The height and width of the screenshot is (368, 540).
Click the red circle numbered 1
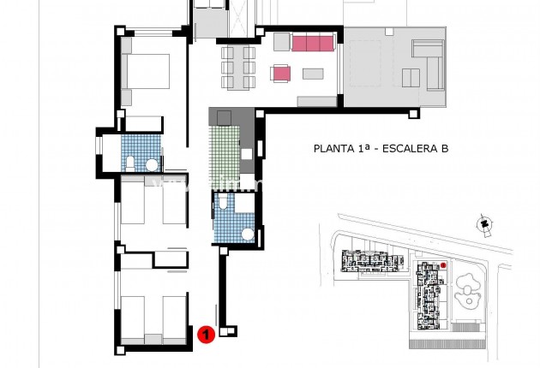[205, 335]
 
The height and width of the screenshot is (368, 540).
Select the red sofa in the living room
[312, 44]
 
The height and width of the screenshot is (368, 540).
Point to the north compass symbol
[484, 224]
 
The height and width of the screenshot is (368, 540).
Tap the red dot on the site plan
[443, 265]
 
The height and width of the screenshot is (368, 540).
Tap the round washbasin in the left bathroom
[151, 164]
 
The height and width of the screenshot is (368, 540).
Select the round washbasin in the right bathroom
[247, 232]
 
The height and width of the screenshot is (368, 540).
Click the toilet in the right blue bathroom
[222, 203]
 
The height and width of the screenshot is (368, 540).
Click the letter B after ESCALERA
[445, 149]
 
